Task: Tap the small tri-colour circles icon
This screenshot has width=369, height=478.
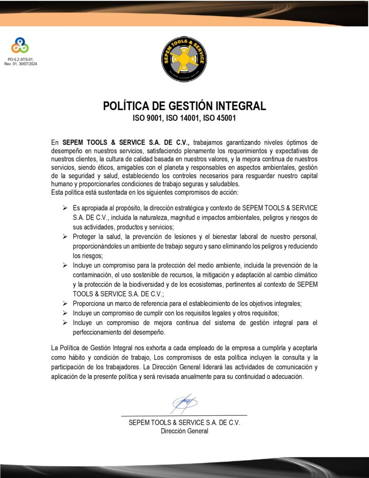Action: point(20,46)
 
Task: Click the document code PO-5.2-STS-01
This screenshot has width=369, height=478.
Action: point(21,59)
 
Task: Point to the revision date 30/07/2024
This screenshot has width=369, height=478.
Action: point(28,63)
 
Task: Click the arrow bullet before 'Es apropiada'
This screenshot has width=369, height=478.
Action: point(65,207)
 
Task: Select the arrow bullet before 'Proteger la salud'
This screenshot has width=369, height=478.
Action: point(65,237)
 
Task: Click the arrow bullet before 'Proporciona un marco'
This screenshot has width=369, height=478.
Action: point(65,303)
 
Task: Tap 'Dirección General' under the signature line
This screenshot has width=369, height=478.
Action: point(184,431)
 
